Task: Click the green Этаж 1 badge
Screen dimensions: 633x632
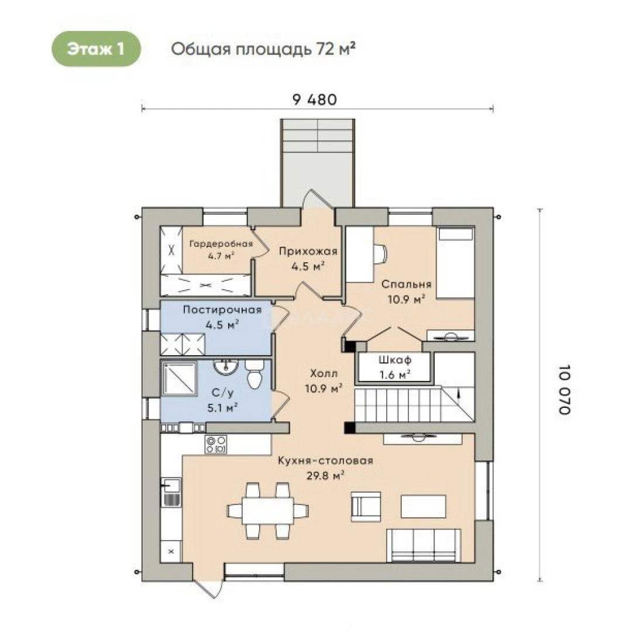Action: coord(96,49)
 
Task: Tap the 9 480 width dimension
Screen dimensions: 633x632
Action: coord(315,99)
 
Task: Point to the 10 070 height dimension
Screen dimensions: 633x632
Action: coord(565,389)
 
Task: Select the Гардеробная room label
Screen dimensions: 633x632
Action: coord(221,244)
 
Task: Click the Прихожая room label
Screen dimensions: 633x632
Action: coord(308,252)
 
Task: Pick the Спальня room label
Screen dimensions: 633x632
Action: coord(406,284)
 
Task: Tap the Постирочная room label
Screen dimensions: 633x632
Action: coord(222,310)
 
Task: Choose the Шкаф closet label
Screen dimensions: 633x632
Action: coord(395,359)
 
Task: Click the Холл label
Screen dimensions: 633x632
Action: coord(324,373)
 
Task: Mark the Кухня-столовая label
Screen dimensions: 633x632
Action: coord(325,461)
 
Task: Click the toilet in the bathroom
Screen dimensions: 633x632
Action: coord(254,374)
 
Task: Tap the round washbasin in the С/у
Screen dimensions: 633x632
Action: coord(225,367)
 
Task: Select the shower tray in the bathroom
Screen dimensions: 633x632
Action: coord(180,379)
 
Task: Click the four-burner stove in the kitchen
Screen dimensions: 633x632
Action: coord(216,444)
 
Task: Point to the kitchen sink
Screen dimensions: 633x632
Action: coord(171,492)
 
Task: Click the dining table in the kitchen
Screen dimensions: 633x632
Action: coord(268,510)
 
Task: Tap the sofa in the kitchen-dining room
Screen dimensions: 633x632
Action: coord(424,545)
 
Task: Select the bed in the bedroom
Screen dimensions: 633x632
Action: coord(455,263)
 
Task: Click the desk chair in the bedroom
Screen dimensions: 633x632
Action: coord(380,253)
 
